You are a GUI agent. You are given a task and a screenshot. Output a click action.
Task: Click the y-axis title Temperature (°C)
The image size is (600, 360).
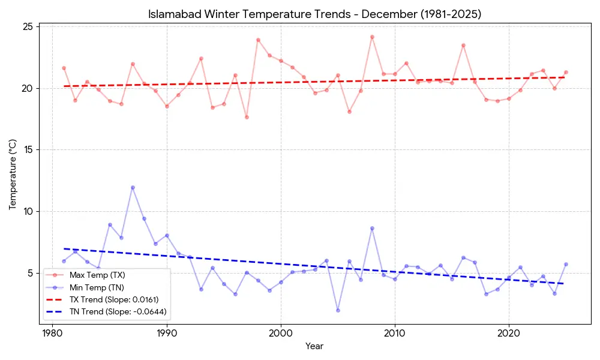coord(13,175)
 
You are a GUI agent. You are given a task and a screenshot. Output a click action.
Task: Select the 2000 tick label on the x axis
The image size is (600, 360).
coord(281,333)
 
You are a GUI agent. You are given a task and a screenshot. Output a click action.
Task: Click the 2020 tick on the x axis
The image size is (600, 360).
coord(509,333)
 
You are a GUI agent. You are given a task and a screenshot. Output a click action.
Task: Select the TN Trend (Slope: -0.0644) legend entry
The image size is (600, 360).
coord(118,311)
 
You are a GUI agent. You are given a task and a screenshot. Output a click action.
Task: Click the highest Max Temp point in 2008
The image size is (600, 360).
coord(372,37)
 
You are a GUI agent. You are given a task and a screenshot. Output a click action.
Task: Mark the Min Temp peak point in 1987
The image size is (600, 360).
coord(133,187)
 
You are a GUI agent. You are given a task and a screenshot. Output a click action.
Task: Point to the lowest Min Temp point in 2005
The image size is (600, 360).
coord(338,310)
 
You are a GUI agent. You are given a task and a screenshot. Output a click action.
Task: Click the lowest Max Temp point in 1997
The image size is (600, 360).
coord(247,117)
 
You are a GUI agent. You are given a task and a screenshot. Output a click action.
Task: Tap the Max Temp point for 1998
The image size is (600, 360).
coord(258,40)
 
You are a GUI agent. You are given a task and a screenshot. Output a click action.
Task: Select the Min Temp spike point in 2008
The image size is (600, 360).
coord(372,228)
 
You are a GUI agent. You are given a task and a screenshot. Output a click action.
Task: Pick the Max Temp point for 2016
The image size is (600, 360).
coord(463,45)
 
